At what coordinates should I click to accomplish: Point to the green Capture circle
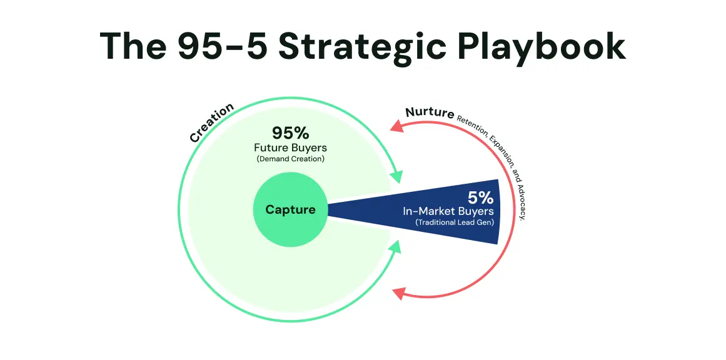290,210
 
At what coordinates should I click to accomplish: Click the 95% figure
290,133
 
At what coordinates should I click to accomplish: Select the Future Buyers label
290,148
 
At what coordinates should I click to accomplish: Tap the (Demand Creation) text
290,159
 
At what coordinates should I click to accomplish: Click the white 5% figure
480,198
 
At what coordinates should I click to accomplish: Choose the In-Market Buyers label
448,211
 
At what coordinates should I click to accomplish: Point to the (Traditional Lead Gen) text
454,222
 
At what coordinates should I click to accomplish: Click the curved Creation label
211,122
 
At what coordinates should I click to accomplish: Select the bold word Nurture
430,112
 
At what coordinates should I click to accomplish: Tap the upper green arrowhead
397,176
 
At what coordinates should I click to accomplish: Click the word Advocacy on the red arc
521,199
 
